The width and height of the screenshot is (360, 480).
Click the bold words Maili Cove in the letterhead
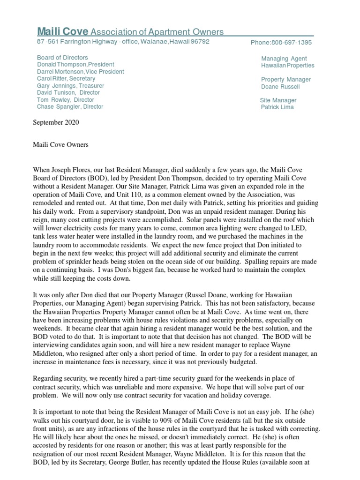(x=62, y=32)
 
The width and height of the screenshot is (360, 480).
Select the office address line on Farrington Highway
(x=123, y=42)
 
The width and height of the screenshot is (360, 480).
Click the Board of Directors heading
(x=62, y=58)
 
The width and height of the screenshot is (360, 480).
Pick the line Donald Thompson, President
(x=75, y=65)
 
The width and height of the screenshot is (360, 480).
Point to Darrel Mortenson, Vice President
(x=80, y=72)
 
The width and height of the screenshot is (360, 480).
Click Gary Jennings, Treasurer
(x=70, y=86)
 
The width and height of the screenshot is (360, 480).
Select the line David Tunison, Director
(x=68, y=93)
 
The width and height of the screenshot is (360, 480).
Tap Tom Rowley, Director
(x=65, y=100)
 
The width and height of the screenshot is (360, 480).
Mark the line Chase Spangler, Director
(x=70, y=107)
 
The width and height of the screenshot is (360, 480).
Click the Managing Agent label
(x=284, y=59)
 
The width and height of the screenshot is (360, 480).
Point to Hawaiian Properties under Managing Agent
(x=287, y=66)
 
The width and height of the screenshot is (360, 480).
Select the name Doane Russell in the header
(x=280, y=87)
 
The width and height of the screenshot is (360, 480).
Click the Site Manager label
(x=278, y=100)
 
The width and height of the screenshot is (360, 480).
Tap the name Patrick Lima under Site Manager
(x=277, y=107)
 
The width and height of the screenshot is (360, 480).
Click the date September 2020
(x=56, y=123)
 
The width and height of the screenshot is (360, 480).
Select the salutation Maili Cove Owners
(x=60, y=145)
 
